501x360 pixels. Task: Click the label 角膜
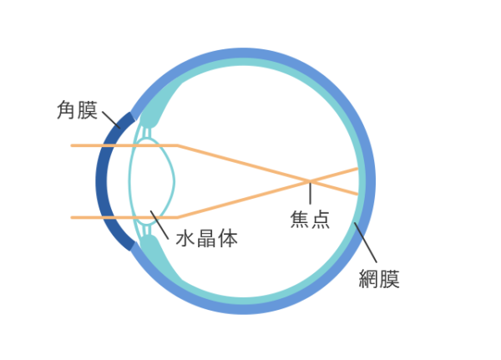(77, 109)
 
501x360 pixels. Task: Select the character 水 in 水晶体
(185, 237)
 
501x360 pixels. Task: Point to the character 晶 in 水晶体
(206, 237)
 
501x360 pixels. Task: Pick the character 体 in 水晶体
(227, 237)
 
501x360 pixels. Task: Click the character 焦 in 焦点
(299, 219)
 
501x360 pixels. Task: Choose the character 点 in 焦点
(320, 219)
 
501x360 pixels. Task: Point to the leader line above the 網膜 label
(365, 243)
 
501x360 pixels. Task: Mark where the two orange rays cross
(310, 181)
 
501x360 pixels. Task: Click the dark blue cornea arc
(104, 181)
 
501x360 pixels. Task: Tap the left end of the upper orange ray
(73, 145)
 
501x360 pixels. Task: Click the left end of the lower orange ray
(73, 217)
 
